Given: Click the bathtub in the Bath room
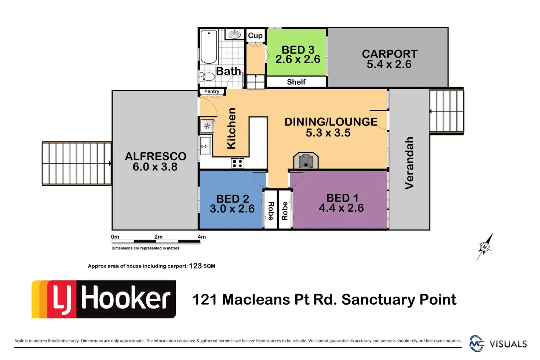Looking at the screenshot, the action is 209,47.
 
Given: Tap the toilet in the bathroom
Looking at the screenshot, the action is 208,77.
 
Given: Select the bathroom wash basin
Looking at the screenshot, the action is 235,34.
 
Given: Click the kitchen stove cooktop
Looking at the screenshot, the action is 237,163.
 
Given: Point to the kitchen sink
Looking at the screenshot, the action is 205,146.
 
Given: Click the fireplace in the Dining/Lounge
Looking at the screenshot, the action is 306,161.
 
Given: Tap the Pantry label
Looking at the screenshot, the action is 212,91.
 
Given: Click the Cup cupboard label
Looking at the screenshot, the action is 255,36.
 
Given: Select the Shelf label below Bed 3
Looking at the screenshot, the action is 296,82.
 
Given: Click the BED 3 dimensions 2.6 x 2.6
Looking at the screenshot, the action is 298,59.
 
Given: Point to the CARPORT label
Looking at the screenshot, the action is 390,54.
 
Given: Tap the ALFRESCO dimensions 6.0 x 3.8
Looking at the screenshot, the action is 155,167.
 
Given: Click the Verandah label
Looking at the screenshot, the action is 409,163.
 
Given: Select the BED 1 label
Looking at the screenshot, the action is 342,198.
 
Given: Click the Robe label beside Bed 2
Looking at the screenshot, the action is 271,211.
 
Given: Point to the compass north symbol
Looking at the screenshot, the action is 485,247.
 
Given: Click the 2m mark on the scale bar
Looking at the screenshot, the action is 158,237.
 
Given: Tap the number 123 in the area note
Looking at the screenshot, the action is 195,266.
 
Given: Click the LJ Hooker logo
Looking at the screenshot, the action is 104,299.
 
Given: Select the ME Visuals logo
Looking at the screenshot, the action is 498,344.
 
